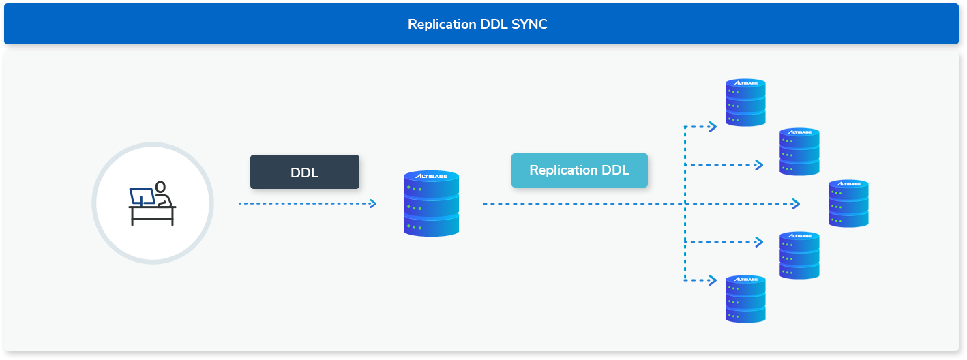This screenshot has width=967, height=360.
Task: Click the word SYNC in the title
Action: [529, 24]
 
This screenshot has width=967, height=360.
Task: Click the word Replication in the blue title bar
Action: [442, 24]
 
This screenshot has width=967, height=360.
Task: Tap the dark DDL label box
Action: [305, 172]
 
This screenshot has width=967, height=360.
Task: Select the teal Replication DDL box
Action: [580, 170]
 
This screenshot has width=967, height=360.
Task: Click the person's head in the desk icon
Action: [160, 187]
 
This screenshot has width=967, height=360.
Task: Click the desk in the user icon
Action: [152, 215]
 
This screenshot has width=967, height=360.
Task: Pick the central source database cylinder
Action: [431, 203]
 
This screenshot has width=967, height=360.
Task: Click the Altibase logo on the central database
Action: [431, 176]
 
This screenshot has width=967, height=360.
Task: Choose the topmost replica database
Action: [745, 102]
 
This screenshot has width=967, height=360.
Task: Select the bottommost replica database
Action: [745, 299]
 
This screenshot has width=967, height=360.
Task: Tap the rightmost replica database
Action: [848, 203]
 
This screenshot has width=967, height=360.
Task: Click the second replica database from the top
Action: [799, 151]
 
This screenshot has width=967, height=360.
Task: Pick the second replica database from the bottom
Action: [799, 255]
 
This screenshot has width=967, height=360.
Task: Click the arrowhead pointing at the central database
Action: [374, 203]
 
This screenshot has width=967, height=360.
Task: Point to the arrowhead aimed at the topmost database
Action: [713, 127]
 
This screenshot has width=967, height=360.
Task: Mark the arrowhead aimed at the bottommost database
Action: [713, 281]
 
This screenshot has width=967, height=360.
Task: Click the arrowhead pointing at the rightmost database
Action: [796, 204]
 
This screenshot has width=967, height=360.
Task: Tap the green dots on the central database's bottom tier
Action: [414, 227]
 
